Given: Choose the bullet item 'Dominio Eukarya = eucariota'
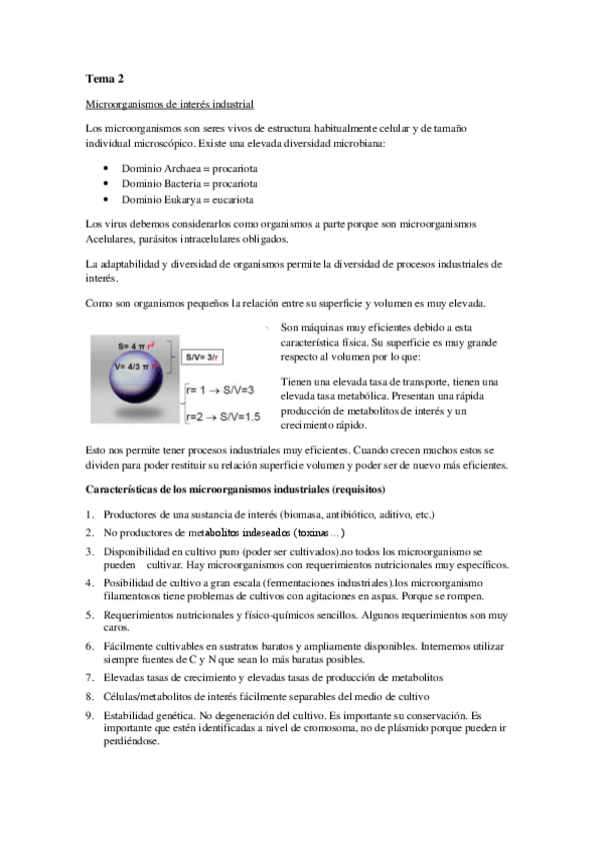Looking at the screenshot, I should pos(187,199).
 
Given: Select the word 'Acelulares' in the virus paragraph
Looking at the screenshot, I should pos(112,239).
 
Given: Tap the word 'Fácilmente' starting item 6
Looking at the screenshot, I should pos(129,646).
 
